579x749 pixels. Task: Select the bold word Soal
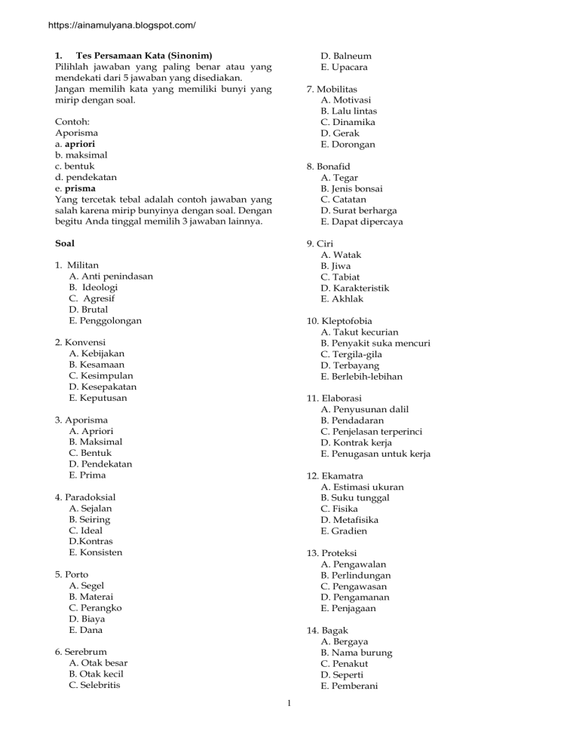(x=66, y=243)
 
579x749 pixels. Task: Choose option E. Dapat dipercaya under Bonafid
(x=362, y=222)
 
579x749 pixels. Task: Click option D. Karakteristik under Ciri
(x=358, y=288)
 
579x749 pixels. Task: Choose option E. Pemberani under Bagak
(x=351, y=686)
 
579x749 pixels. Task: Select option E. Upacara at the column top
(x=345, y=67)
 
